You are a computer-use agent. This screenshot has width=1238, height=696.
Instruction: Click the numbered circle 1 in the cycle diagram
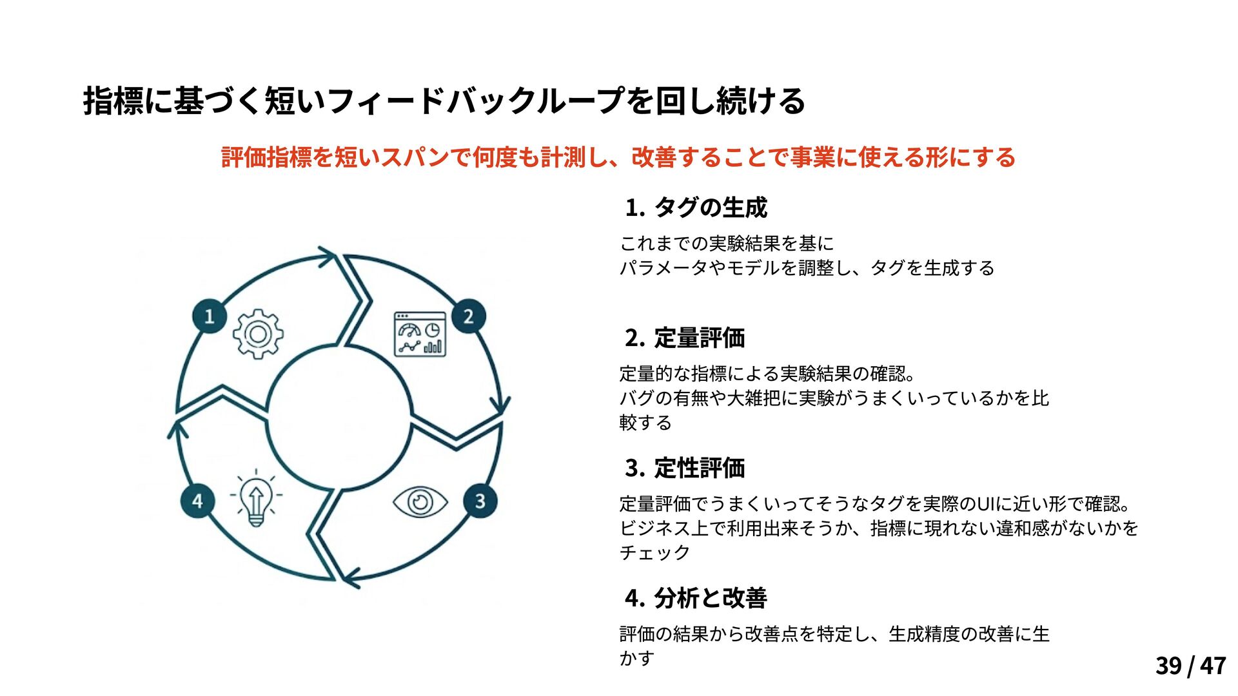coord(210,316)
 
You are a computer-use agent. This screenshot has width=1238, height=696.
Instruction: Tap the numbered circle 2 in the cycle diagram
coord(469,316)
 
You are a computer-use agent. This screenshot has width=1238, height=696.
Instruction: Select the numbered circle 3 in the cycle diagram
coord(480,501)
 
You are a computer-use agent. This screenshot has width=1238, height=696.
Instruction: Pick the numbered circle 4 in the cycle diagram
coord(197,501)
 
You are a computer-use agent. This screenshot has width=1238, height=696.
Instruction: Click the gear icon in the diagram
coord(258,334)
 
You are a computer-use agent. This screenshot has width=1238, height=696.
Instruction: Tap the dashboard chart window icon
coord(420,334)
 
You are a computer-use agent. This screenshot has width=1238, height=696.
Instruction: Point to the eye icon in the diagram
coord(420,502)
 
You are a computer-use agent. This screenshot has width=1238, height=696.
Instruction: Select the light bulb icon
coord(256,498)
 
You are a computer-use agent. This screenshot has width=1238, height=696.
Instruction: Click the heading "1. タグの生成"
coord(696,208)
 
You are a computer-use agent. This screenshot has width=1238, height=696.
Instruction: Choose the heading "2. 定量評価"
coord(685,338)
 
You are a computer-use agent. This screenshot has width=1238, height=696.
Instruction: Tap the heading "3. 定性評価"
coord(685,468)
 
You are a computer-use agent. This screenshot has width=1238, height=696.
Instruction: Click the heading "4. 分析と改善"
coord(696,598)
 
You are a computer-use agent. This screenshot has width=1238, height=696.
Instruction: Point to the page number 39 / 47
coord(1190,666)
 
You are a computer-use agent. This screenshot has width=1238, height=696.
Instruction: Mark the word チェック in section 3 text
coord(654,553)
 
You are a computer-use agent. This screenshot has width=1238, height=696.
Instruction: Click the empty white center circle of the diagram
coord(339,417)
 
